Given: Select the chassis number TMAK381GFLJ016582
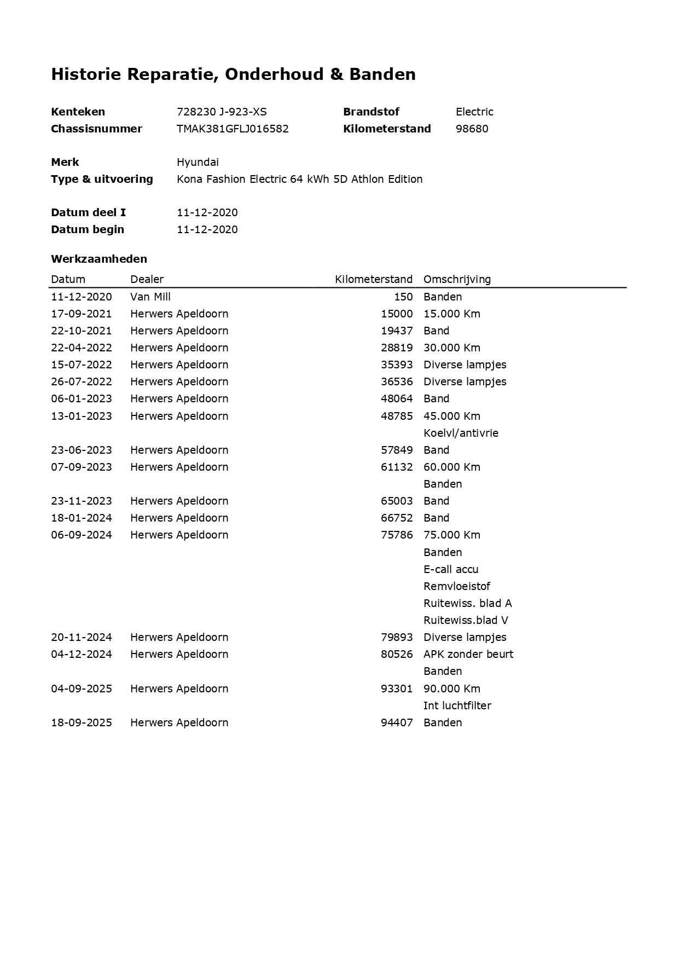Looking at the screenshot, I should pos(233,129).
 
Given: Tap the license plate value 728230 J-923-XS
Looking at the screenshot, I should pos(222,112).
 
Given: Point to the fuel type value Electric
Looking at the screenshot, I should pos(474,112).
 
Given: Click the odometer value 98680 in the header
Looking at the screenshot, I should pos(472,129).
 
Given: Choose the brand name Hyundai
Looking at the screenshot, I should pos(198,162).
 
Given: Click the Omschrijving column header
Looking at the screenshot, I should pos(457,279).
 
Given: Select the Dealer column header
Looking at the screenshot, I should pos(147,279).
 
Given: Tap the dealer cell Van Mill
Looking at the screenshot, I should pos(150,297).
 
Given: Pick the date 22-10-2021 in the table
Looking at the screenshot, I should pos(81,331).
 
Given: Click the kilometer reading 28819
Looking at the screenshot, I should pos(397,348).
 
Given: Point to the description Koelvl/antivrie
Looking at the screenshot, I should pos(461,433).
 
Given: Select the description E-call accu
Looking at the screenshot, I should pos(451,569).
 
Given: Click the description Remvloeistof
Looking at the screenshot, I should pos(457,586).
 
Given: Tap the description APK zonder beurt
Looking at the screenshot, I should pos(468,654).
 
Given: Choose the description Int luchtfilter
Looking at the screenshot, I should pos(457,705).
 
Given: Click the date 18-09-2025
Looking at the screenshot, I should pos(81,722).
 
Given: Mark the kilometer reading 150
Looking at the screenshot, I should pos(403,297).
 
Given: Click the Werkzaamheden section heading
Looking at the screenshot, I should pos(99,259).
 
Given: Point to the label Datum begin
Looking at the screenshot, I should pos(88,229).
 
